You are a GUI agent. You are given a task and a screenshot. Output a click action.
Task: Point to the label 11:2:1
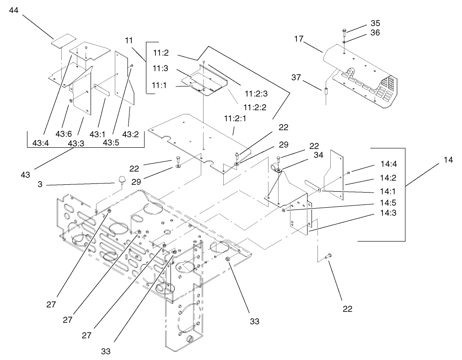pyautogui.click(x=234, y=118)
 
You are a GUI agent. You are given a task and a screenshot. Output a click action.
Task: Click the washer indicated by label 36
pyautogui.click(x=344, y=43)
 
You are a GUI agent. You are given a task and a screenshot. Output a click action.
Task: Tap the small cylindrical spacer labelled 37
pyautogui.click(x=325, y=91)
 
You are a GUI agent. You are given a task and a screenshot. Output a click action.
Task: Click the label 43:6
pyautogui.click(x=64, y=134)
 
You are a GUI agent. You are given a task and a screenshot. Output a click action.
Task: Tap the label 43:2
pyautogui.click(x=130, y=134)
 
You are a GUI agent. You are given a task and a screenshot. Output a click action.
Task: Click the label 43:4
pyautogui.click(x=41, y=143)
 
